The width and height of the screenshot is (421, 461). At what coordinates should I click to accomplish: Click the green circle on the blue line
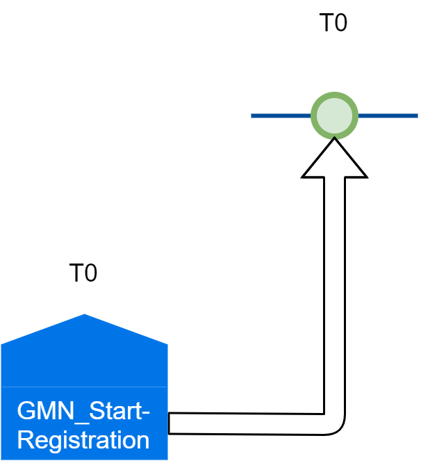coord(334,115)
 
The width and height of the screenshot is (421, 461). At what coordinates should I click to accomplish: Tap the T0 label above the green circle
coord(333,23)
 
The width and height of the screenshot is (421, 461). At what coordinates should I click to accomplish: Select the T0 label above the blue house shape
coord(83,273)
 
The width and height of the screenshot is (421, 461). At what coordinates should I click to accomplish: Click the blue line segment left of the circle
coord(280,115)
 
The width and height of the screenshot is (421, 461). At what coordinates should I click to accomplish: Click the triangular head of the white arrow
coord(334,161)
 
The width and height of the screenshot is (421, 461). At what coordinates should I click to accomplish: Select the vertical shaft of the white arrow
coord(334,292)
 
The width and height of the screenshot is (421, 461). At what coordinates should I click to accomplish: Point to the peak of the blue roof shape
coord(84,316)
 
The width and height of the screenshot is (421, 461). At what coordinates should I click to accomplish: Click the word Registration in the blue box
coord(83,440)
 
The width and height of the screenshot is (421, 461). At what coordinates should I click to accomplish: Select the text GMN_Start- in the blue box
coord(83,412)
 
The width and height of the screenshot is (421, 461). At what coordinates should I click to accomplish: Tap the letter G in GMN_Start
coord(26,412)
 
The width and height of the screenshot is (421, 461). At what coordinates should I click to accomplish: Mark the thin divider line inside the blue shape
coord(84,387)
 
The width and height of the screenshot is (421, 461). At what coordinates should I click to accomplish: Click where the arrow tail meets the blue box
coord(170,423)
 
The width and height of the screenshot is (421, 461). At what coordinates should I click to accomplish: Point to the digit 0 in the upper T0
coord(340,23)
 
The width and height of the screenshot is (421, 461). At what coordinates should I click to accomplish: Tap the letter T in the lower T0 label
coord(76,273)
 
